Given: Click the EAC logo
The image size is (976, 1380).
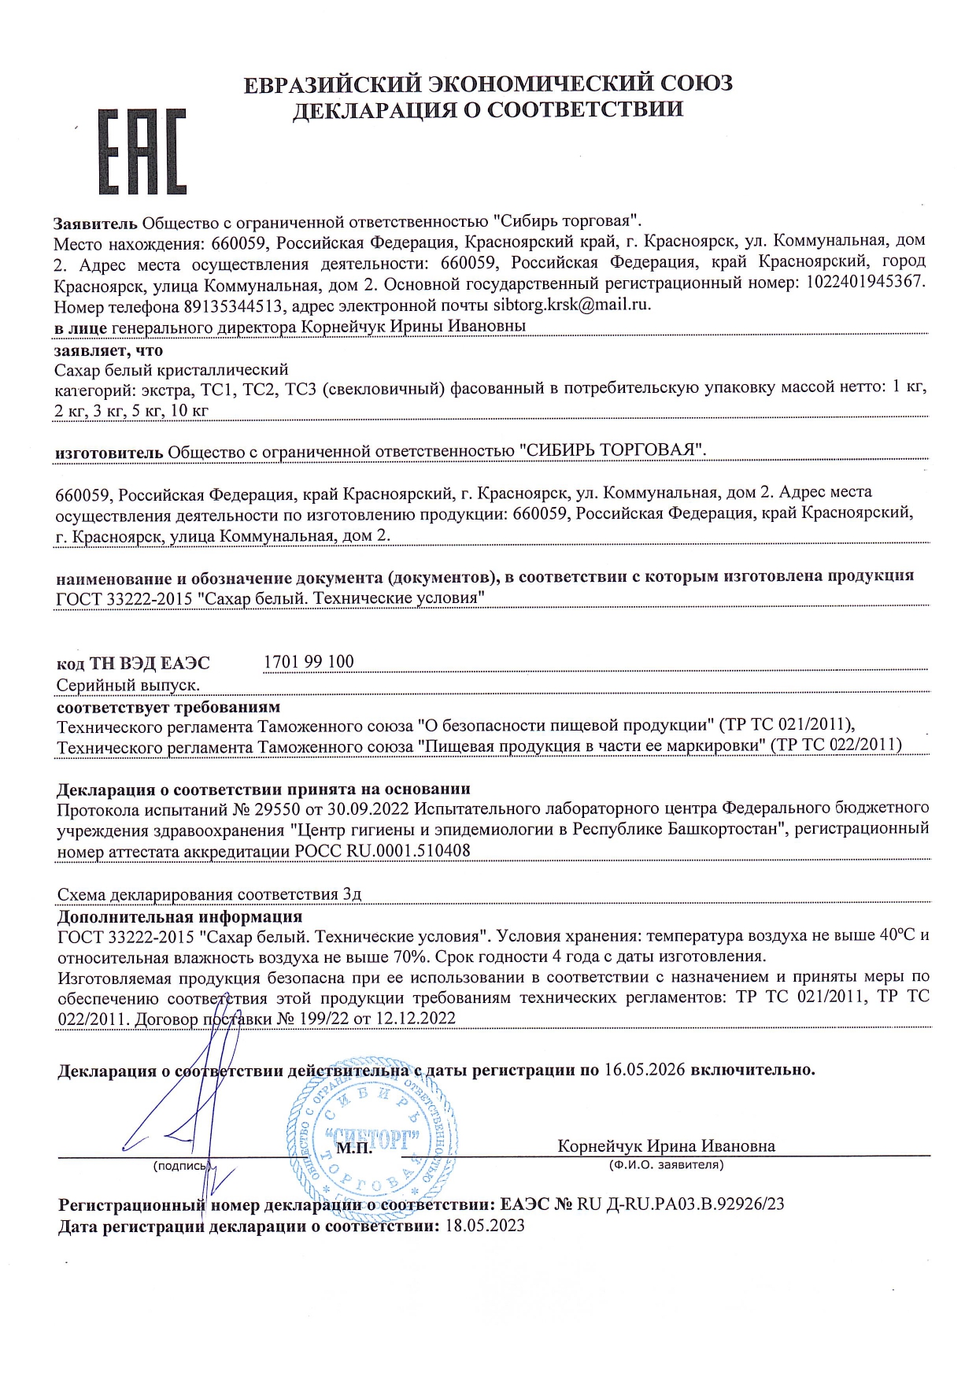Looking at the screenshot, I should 142,152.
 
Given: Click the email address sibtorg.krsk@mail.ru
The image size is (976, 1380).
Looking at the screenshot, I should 572,304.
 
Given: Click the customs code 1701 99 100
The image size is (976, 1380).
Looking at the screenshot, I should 309,661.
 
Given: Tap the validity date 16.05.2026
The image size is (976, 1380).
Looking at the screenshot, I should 645,1070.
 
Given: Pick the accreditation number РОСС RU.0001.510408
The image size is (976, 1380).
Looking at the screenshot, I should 383,850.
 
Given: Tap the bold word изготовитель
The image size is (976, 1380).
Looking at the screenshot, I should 109,451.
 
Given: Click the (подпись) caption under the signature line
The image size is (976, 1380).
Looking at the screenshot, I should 181,1165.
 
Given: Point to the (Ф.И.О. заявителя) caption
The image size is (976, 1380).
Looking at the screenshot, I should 666,1164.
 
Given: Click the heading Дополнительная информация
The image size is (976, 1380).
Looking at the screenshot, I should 179,916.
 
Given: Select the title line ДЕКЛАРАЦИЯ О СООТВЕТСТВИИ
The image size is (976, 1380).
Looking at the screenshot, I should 488,110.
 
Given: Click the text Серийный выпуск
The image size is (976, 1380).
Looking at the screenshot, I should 128,686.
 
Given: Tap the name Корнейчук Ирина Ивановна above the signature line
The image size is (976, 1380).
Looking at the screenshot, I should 666,1146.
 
